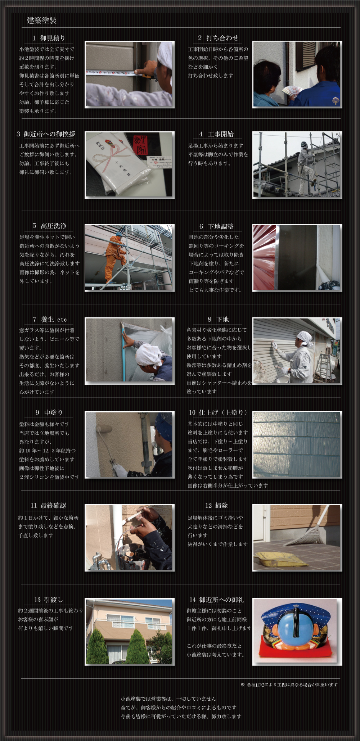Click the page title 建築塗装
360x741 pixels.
(42, 21)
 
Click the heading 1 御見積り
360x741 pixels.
(49, 38)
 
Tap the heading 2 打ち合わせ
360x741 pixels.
(218, 38)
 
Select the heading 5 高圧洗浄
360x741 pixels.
(49, 226)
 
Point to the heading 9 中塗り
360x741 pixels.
(49, 412)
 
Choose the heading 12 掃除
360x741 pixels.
(216, 506)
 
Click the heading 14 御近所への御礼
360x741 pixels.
(217, 600)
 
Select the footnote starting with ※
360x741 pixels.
(289, 684)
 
